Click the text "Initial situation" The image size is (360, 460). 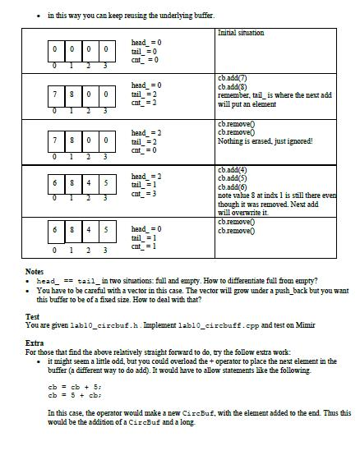point(241,33)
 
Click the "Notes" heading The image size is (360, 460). point(34,272)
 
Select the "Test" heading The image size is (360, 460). point(32,316)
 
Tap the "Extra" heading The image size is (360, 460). point(34,343)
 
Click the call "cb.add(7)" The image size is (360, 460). point(233,79)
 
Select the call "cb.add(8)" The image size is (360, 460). point(233,86)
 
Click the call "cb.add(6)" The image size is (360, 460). point(233,187)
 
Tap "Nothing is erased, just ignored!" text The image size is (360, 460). point(265,140)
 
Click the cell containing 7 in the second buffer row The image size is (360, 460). point(55,94)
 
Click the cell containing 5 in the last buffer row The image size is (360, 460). point(104,230)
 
